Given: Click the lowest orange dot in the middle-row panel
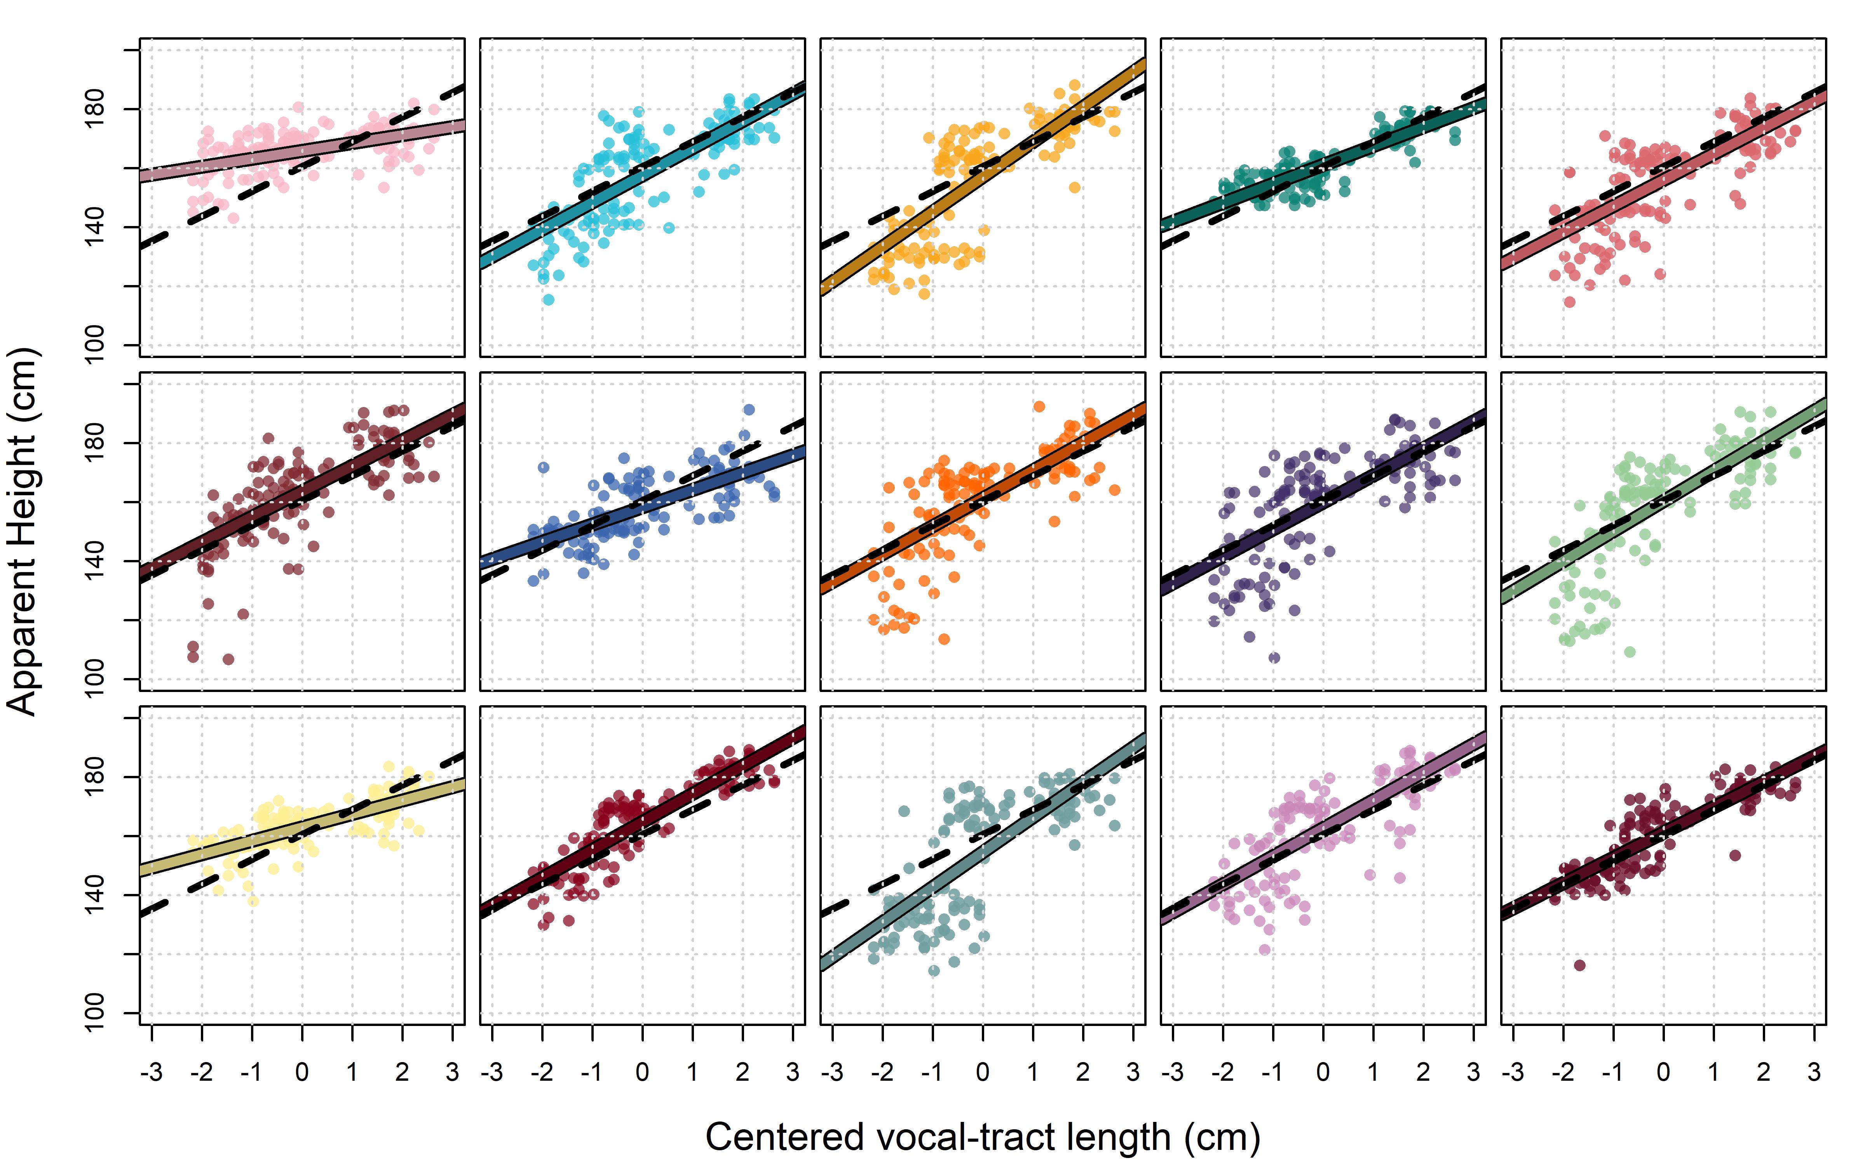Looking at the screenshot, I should point(944,639).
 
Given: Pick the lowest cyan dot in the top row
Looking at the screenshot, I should point(548,300).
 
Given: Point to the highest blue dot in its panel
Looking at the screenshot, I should point(748,410).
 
